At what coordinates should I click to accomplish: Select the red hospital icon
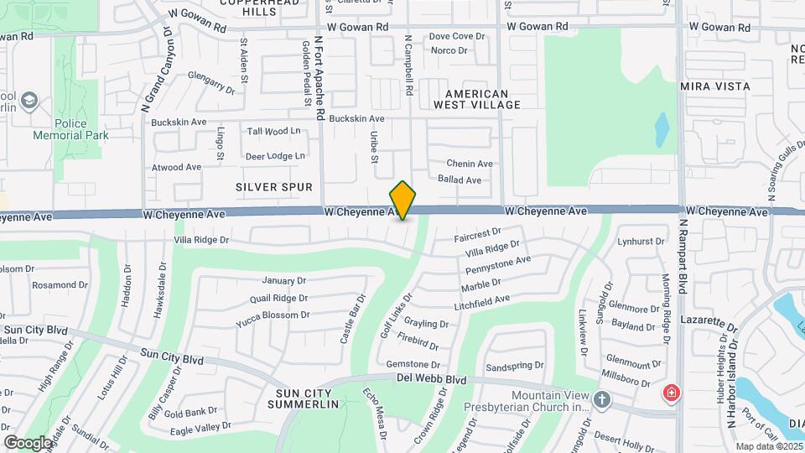click(x=671, y=393)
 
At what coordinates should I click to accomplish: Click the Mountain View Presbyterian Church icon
click(x=601, y=398)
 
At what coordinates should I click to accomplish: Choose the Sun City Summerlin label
click(x=303, y=398)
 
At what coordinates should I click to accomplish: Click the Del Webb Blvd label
click(x=431, y=380)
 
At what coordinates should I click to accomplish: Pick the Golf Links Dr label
click(x=397, y=315)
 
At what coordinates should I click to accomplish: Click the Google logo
click(x=28, y=442)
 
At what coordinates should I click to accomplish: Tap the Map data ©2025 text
click(x=768, y=447)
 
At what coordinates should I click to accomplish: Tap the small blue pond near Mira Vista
click(x=662, y=128)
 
